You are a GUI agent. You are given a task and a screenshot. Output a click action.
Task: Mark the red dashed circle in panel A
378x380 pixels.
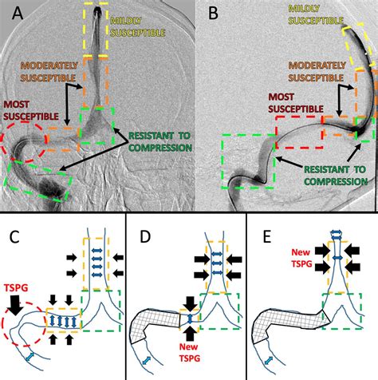click(24, 148)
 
